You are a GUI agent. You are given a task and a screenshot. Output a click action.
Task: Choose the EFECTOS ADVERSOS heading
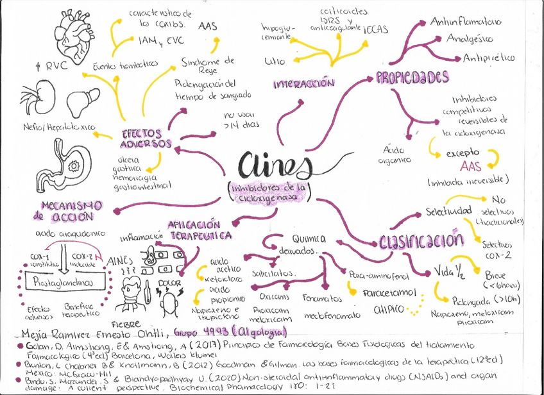(146, 138)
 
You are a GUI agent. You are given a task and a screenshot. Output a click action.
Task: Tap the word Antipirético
(489, 58)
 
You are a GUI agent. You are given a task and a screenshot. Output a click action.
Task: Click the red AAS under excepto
(472, 166)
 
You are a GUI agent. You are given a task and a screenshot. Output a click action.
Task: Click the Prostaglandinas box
(58, 282)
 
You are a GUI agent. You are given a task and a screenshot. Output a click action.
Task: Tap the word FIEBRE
(125, 323)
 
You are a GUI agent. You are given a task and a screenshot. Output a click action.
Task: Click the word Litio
(275, 62)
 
